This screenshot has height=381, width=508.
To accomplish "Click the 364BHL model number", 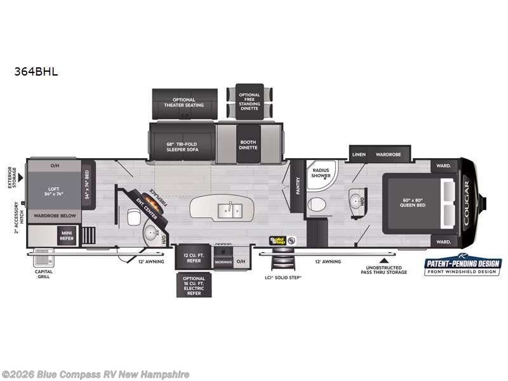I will (x=36, y=72).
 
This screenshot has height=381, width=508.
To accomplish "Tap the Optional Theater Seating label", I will (x=184, y=102).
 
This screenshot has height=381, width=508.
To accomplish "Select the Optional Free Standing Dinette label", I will (x=250, y=102).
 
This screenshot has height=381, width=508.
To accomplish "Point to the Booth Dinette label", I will (x=248, y=144).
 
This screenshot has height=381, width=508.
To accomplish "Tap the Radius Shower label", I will (x=321, y=173).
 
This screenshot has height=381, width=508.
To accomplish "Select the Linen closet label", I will (x=358, y=154).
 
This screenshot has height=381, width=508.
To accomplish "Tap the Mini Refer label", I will (x=67, y=237).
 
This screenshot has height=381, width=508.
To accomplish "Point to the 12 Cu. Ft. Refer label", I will (x=194, y=257).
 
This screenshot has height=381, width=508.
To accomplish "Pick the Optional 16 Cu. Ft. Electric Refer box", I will (x=194, y=285).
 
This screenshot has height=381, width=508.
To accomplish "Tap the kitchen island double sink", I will (x=229, y=210).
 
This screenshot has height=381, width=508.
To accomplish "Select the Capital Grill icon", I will (x=43, y=259).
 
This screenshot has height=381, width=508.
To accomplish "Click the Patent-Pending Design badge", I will (x=462, y=267).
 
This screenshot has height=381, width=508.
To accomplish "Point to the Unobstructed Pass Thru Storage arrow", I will (x=382, y=259).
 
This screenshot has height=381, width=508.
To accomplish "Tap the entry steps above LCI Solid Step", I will (x=281, y=260).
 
